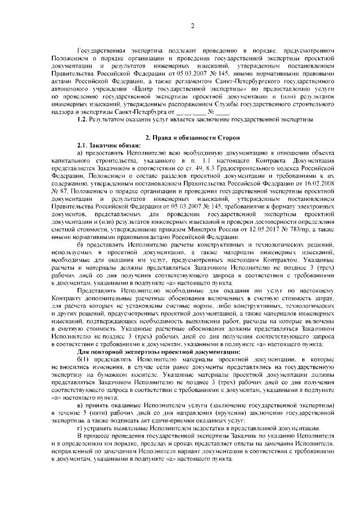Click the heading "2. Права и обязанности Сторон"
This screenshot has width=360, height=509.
coord(192,138)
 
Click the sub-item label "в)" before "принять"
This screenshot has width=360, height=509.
coord(80,406)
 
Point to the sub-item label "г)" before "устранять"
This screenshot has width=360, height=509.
coord(80,427)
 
